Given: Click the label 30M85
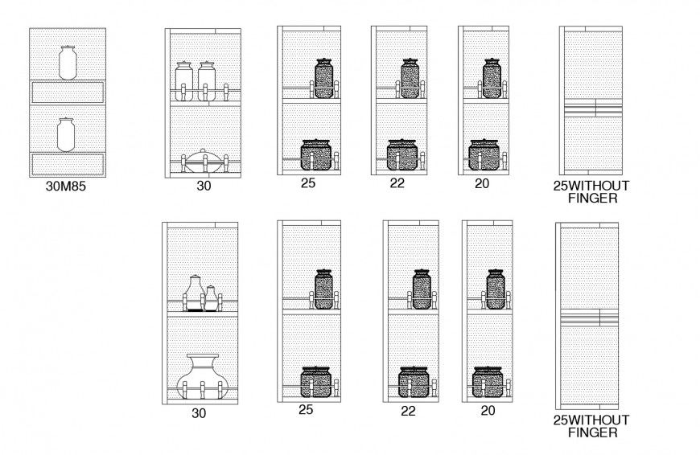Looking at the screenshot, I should pyautogui.click(x=67, y=190).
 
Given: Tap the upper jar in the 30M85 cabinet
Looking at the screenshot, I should pyautogui.click(x=67, y=62).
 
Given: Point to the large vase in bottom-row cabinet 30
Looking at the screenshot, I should pyautogui.click(x=198, y=375).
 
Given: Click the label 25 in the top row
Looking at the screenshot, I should pyautogui.click(x=307, y=183).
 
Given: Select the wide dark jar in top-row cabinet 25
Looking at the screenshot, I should pyautogui.click(x=317, y=154).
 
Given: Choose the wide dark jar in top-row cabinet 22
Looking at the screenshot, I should pyautogui.click(x=402, y=154).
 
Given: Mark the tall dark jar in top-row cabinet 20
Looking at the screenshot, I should pyautogui.click(x=491, y=78).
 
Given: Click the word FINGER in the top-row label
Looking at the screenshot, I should pyautogui.click(x=591, y=199).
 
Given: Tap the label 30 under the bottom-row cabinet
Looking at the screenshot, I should pyautogui.click(x=199, y=413).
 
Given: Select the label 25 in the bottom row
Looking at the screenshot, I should pyautogui.click(x=306, y=410).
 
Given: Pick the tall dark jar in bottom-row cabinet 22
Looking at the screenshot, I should pyautogui.click(x=421, y=289).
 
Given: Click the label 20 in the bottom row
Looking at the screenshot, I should pyautogui.click(x=488, y=410).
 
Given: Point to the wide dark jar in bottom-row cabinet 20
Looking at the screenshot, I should pyautogui.click(x=488, y=381).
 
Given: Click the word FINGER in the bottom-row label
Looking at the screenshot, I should pyautogui.click(x=591, y=432).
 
